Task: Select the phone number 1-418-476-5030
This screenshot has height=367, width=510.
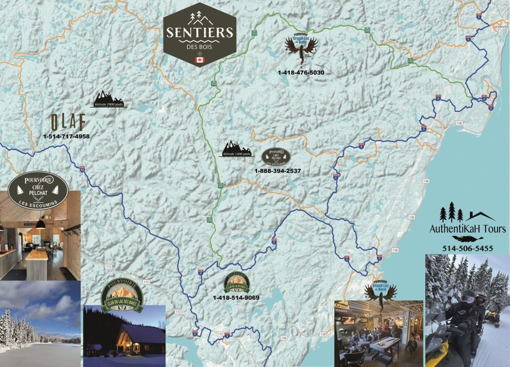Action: (x=301, y=73)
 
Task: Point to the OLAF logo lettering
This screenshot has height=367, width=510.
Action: (x=68, y=122)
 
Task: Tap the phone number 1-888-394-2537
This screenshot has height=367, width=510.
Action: (x=277, y=171)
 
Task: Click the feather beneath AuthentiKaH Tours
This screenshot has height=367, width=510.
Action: (x=464, y=239)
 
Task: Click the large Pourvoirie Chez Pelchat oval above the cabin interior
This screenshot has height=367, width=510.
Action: (x=38, y=189)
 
